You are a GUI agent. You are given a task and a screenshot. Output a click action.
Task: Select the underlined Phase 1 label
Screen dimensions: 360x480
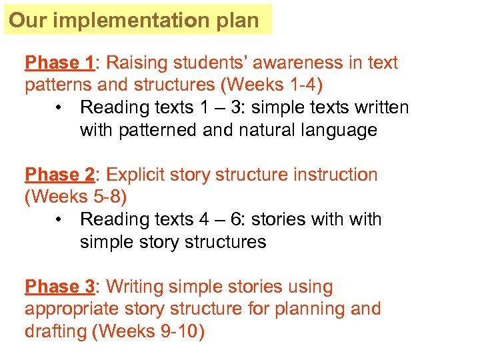tap(60, 63)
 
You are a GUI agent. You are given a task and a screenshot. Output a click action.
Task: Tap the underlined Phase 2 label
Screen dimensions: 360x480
tap(60, 175)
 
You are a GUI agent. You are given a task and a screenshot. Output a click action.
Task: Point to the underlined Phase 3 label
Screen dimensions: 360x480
tap(60, 287)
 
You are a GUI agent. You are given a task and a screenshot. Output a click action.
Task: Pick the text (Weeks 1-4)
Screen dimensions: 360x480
tap(267, 85)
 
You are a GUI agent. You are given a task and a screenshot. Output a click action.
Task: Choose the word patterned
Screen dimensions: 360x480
tap(158, 131)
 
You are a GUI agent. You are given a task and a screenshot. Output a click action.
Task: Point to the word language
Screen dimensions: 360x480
tap(339, 131)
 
